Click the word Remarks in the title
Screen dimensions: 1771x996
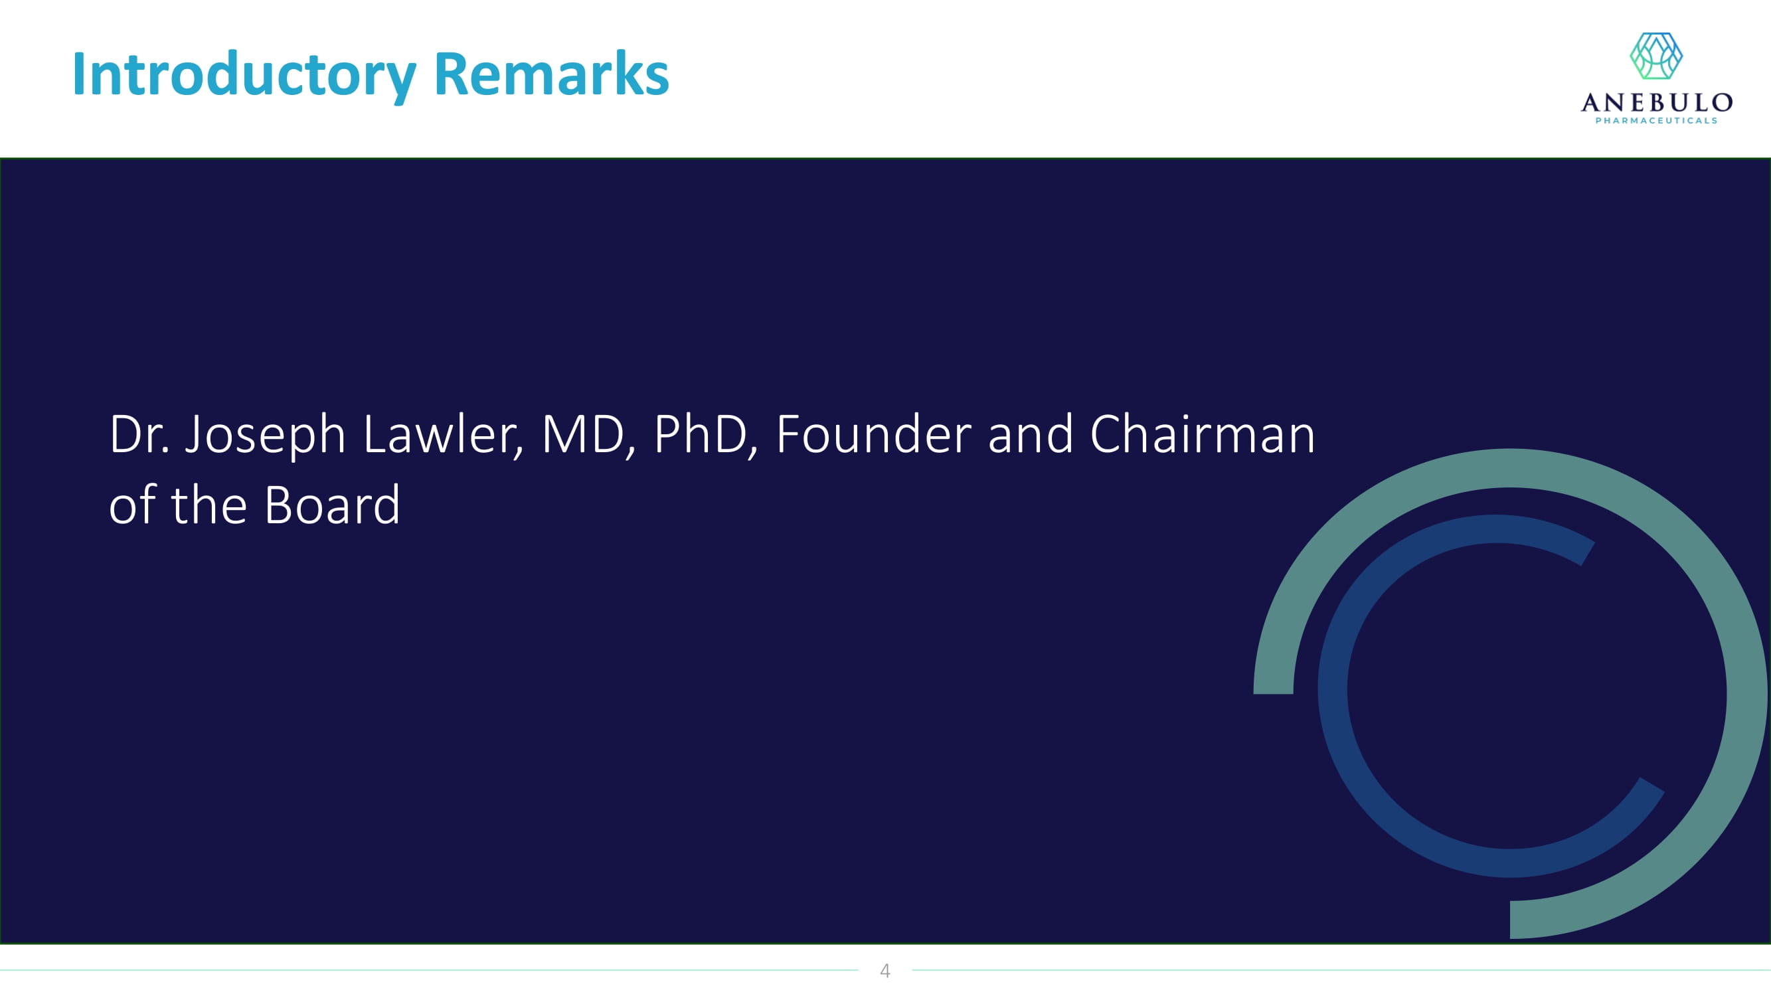(551, 74)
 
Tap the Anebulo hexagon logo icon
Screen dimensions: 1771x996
(1656, 56)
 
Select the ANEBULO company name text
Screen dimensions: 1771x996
(1656, 103)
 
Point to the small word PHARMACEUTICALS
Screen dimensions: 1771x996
(1656, 121)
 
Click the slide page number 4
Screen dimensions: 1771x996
(885, 971)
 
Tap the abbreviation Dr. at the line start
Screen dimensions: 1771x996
(139, 434)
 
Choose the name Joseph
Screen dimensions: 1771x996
(266, 437)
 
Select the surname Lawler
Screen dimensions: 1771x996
(444, 436)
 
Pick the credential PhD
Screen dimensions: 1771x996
(705, 436)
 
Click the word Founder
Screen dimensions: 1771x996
(874, 434)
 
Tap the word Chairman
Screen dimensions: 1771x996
(1203, 434)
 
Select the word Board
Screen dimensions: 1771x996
(331, 505)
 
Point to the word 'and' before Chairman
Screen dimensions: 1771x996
(1031, 434)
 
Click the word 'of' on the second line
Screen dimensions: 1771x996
(132, 505)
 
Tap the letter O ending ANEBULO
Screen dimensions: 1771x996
(1722, 103)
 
